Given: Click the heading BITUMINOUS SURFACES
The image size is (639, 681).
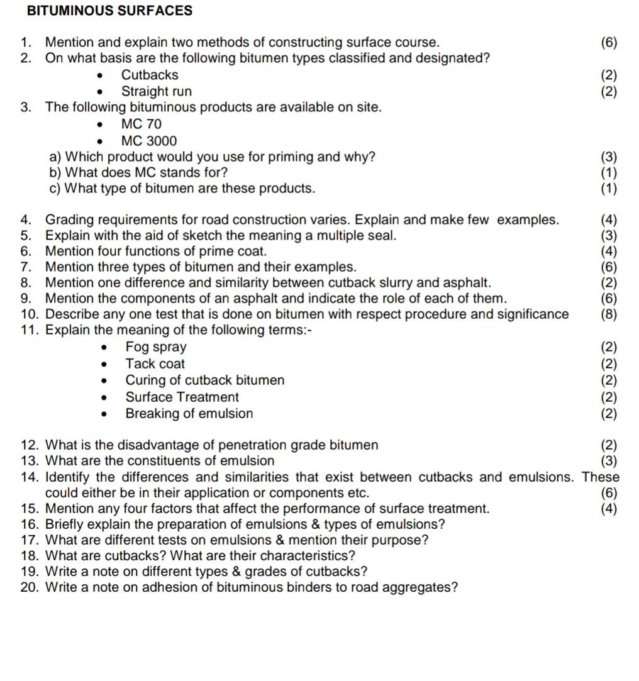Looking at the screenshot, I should point(110,11).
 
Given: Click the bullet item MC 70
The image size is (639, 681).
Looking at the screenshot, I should point(142,125).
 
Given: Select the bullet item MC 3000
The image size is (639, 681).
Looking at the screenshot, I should point(149,141).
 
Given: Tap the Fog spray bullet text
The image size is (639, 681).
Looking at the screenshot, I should point(156,347).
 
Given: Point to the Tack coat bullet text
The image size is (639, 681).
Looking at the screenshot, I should point(155,363).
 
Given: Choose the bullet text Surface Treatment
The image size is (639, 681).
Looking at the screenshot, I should point(182,397).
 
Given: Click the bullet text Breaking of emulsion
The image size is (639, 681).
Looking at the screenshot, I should point(189,414).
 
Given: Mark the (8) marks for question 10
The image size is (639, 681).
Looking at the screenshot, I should point(609,314).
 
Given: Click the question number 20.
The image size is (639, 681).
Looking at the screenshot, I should point(28,588).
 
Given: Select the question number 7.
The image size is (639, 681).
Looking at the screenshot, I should point(26,267).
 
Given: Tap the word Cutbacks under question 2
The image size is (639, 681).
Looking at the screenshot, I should point(150,75).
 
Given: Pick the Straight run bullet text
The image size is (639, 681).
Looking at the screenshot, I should point(157,92).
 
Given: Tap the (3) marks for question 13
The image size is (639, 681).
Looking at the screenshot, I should point(609,462).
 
